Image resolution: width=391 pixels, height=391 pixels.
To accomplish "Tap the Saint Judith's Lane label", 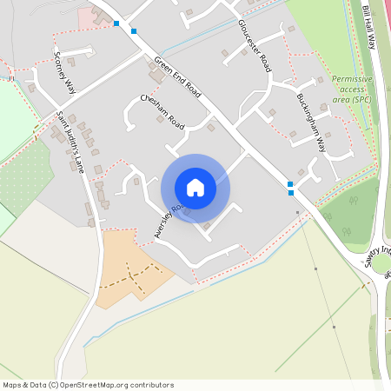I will [x=70, y=142].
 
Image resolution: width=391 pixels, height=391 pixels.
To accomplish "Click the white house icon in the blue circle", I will [x=195, y=188].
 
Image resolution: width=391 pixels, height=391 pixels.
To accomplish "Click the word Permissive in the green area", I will [x=351, y=79].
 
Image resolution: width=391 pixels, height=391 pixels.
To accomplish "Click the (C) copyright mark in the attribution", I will [x=53, y=385].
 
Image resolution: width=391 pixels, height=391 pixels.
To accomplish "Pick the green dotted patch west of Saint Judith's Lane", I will [x=26, y=178].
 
